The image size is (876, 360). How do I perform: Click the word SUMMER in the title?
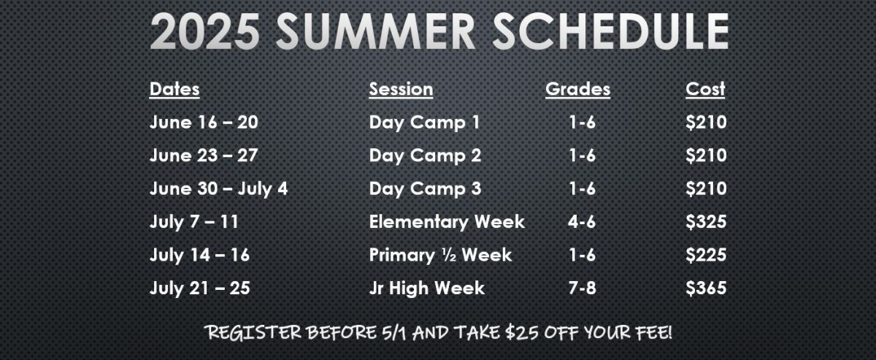[x=375, y=31]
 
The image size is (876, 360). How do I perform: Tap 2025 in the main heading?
[x=205, y=31]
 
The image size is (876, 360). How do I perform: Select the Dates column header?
[x=174, y=89]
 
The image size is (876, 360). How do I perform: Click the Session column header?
[x=401, y=89]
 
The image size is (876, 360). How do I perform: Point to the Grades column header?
[x=577, y=89]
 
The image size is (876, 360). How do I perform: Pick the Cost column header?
[x=705, y=89]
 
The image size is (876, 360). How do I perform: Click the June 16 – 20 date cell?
[x=204, y=122]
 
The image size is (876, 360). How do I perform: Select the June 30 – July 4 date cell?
[x=218, y=189]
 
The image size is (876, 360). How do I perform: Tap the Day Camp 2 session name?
[x=425, y=156]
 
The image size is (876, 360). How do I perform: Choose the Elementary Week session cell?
[x=447, y=222]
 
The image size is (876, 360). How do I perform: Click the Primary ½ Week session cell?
[x=440, y=255]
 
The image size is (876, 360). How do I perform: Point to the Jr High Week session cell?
[x=426, y=288]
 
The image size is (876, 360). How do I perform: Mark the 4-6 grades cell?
[x=582, y=222]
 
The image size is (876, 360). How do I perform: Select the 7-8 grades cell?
[x=582, y=288]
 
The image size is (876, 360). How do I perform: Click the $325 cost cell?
[x=706, y=222]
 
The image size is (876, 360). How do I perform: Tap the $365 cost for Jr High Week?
[x=706, y=288]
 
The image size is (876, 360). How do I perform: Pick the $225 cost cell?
[x=706, y=255]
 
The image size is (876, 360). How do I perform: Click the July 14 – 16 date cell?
[x=199, y=256]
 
